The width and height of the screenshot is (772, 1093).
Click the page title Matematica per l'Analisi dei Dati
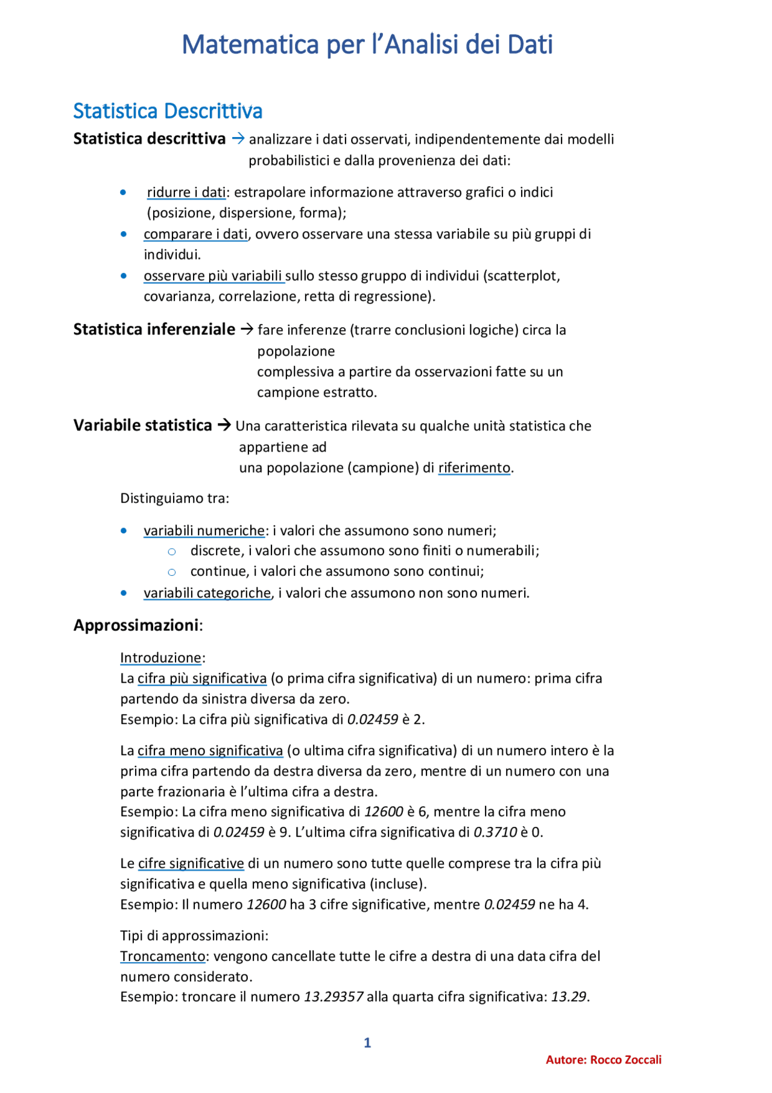[367, 45]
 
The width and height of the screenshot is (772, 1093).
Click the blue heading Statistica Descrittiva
[168, 111]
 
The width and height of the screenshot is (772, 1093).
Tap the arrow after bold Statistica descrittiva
[238, 139]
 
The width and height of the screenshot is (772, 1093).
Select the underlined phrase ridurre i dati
[186, 193]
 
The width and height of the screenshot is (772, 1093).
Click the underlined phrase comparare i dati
[195, 234]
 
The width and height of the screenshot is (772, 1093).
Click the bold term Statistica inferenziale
[154, 330]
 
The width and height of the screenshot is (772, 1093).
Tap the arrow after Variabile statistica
[224, 425]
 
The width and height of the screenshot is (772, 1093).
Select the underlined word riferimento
[474, 468]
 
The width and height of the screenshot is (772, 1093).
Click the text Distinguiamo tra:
[175, 499]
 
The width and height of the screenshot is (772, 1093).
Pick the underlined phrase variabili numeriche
[204, 531]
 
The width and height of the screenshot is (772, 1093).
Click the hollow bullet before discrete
[172, 552]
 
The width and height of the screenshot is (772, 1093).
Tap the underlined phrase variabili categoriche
[207, 593]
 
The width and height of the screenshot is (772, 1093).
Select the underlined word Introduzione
[160, 658]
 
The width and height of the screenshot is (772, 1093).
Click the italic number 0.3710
[495, 832]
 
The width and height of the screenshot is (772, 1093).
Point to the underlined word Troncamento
[163, 957]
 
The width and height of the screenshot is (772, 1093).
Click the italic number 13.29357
[334, 997]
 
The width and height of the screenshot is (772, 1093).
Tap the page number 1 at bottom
[367, 1043]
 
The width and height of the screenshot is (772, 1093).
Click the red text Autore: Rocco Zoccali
[603, 1060]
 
